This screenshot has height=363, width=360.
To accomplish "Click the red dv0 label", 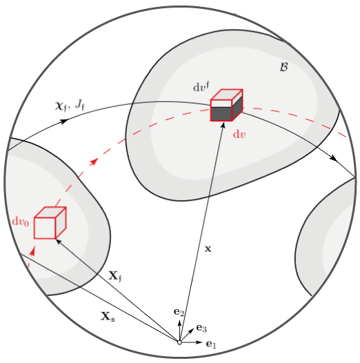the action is (x=21, y=222).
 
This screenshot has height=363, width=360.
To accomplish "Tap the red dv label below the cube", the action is (x=239, y=135).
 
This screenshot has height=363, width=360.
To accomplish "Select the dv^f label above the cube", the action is (x=201, y=87).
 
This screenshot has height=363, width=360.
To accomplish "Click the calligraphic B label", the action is (x=284, y=67).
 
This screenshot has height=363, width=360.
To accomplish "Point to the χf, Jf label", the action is (x=70, y=106).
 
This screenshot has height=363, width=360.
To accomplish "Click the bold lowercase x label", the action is (x=208, y=249).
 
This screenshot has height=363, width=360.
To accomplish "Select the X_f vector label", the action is (x=114, y=276).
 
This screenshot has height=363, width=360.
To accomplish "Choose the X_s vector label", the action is (x=108, y=316).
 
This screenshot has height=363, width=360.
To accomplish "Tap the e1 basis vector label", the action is (x=211, y=344).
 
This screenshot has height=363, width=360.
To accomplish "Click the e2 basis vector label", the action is (x=179, y=313).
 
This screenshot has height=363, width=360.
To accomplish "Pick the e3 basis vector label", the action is (x=201, y=328).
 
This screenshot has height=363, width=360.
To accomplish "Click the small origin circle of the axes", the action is (x=179, y=342).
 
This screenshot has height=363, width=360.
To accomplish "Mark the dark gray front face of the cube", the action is (x=221, y=114).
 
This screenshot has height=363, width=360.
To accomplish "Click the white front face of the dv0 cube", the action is (x=45, y=228).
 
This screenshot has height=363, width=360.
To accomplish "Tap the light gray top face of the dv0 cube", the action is (x=50, y=213).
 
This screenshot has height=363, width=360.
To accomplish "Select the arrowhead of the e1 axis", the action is (x=199, y=342).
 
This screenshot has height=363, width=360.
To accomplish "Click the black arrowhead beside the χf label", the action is (x=64, y=121).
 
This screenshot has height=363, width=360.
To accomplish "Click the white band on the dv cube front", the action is (x=221, y=104).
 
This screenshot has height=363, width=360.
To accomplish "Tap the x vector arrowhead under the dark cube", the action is (x=223, y=125).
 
